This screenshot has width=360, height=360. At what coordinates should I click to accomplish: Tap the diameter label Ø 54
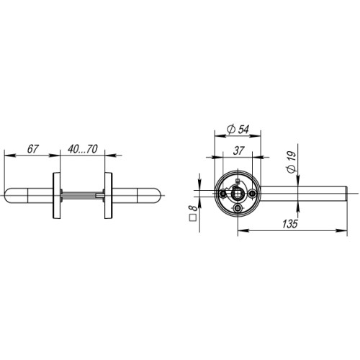[x=238, y=128]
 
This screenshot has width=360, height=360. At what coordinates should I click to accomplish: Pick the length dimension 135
[x=291, y=224]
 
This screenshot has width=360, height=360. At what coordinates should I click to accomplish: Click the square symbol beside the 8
[x=191, y=219]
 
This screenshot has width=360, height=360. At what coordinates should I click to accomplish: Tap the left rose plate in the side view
[x=55, y=194]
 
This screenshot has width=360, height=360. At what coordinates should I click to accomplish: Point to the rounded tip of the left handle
[x=8, y=194]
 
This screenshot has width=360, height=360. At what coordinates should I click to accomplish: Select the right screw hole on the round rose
[x=252, y=194]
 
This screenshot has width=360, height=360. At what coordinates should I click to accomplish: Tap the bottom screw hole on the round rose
[x=238, y=209]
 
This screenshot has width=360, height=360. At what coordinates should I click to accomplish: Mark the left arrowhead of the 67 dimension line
[x=7, y=154]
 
